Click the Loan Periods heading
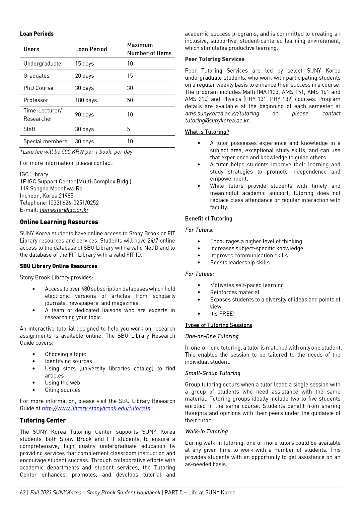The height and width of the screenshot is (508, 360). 37,34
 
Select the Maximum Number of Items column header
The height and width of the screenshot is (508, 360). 149,49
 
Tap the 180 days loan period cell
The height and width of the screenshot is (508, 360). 86,100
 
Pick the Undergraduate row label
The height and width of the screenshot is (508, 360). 42,64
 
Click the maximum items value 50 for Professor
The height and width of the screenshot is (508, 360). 130,100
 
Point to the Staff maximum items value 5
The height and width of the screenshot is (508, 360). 128,129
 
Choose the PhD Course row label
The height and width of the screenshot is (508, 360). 38,88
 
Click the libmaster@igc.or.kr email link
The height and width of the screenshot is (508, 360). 64,210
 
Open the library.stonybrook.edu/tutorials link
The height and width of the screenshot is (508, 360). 96,408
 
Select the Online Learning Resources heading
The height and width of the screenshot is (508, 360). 59,222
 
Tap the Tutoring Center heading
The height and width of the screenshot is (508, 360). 43,420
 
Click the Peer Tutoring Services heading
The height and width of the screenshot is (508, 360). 215,59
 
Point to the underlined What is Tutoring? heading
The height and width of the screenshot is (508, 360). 207,132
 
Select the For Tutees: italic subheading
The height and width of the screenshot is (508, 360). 199,274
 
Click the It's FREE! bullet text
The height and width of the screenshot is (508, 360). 222,314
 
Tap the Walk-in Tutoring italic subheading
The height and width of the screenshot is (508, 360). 206,431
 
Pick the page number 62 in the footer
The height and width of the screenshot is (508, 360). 23,492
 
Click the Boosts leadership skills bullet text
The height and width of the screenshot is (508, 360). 240,262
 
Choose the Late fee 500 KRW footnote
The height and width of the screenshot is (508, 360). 76,152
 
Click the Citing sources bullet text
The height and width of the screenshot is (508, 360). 63,390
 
